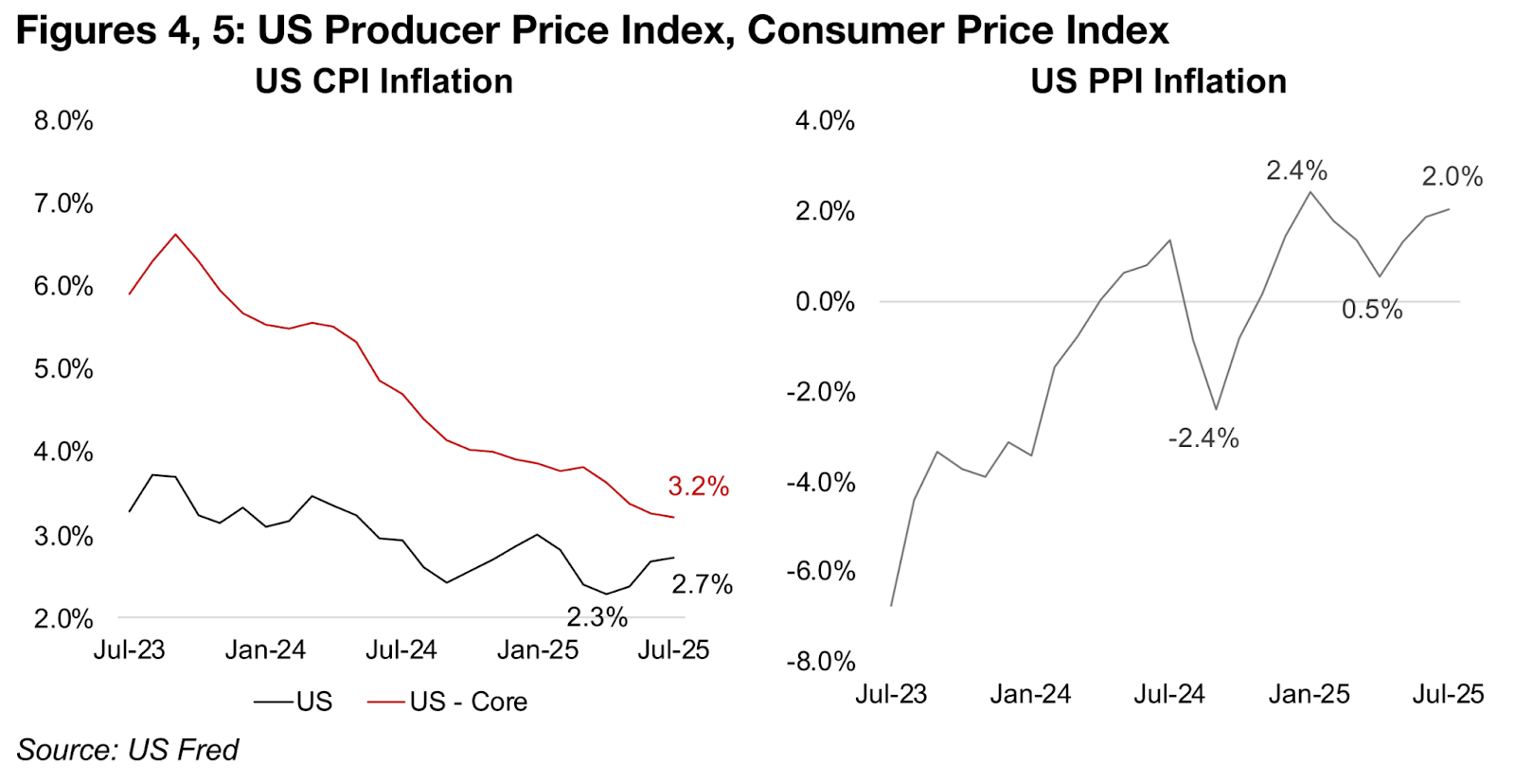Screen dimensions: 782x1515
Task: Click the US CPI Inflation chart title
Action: point(383,81)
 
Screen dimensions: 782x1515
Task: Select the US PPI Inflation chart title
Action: point(1158,81)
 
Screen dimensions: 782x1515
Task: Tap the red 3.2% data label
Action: point(698,487)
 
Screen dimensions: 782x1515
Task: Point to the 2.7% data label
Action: point(702,584)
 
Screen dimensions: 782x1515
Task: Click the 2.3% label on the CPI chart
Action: point(597,617)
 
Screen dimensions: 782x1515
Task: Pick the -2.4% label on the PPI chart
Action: point(1203,438)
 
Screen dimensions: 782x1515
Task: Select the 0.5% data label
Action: point(1371,310)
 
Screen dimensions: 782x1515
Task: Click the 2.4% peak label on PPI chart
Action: point(1296,170)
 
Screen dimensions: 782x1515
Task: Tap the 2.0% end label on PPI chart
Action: point(1452,176)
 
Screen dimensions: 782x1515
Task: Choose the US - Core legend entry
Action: point(448,702)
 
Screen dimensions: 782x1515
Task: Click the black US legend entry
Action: point(294,702)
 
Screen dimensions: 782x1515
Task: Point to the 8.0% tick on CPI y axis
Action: point(63,121)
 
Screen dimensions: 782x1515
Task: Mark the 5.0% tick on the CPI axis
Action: point(63,369)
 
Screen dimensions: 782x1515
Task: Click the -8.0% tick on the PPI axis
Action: point(820,661)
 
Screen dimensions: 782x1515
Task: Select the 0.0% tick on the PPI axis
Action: point(825,302)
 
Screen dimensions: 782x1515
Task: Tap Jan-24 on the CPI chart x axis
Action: point(265,649)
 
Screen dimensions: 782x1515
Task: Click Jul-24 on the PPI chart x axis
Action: point(1169,694)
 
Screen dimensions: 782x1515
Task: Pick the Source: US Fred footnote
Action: point(128,750)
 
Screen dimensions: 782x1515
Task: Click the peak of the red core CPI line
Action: point(175,234)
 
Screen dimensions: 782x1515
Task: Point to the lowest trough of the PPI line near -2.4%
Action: point(1216,409)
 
